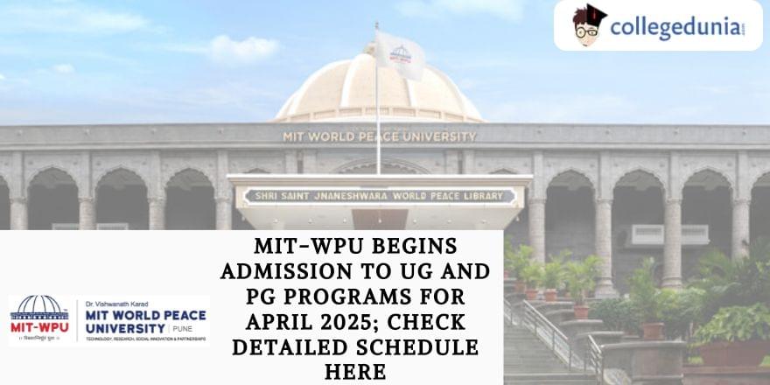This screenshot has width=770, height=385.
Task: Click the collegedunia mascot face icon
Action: [588, 25]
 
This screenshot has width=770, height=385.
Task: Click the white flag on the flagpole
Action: [399, 54]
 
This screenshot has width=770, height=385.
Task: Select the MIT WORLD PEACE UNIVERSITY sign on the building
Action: [380, 136]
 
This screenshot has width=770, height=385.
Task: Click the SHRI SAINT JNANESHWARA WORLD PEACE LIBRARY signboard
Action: [379, 196]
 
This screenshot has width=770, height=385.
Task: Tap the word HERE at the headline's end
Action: [355, 372]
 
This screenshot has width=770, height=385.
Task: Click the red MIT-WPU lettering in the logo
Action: [38, 327]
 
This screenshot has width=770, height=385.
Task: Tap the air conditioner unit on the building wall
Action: [669, 234]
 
